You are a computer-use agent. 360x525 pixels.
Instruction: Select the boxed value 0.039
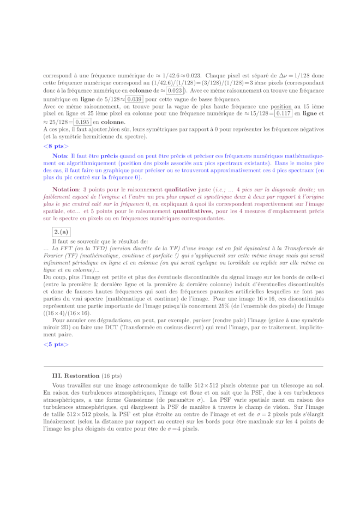click(134, 99)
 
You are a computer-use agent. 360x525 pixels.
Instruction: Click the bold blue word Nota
click(60, 156)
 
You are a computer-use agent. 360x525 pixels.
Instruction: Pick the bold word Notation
click(67, 189)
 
